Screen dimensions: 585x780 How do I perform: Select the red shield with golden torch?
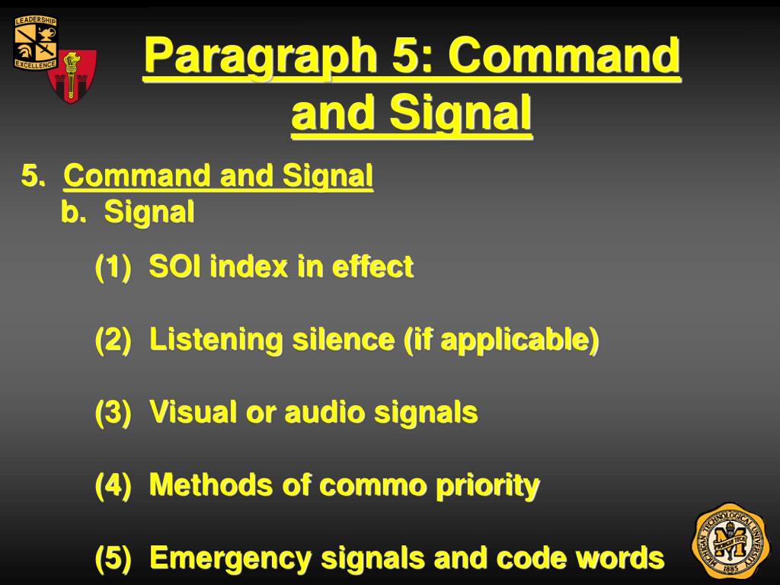coord(72,76)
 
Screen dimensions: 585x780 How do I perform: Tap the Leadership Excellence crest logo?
coord(35,43)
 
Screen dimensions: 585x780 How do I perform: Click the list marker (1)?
coord(113,267)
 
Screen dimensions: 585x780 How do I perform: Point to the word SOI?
coord(175,267)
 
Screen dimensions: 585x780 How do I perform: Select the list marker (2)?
coord(113,340)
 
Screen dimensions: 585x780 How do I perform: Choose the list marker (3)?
coord(113,413)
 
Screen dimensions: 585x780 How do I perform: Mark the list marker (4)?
coord(113,484)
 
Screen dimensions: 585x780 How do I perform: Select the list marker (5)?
coord(113,558)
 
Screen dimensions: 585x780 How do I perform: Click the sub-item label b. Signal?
coord(128,213)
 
